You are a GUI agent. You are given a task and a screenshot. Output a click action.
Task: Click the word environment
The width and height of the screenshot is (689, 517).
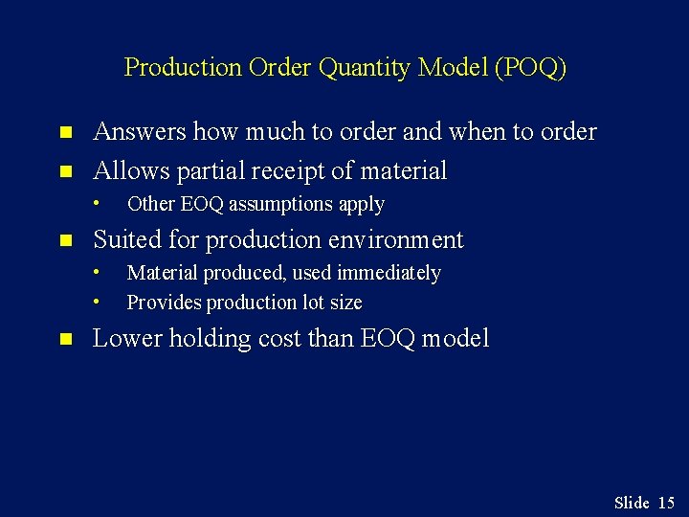396,240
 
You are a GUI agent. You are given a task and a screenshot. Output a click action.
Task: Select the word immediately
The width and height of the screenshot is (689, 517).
389,273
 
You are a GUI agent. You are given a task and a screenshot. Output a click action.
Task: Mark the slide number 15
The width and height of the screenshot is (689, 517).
667,503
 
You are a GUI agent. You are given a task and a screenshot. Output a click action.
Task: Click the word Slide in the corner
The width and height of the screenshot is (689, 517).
632,503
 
